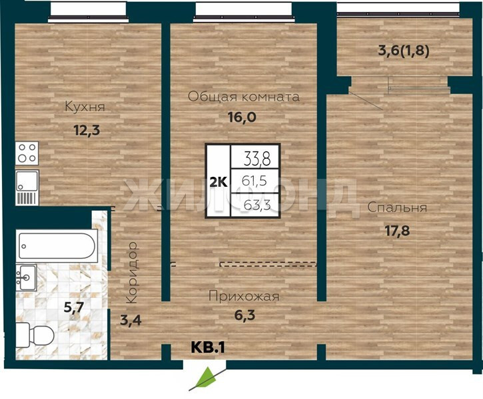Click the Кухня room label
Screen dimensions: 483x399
pyautogui.click(x=85, y=106)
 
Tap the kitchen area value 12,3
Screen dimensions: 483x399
pyautogui.click(x=87, y=130)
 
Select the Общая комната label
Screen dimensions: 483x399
pyautogui.click(x=244, y=97)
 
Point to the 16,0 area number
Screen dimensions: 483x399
pyautogui.click(x=242, y=117)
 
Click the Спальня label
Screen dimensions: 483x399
pyautogui.click(x=397, y=207)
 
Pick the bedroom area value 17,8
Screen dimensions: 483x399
pyautogui.click(x=397, y=231)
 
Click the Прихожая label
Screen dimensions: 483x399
pyautogui.click(x=244, y=297)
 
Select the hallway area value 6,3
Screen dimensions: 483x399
pyautogui.click(x=244, y=315)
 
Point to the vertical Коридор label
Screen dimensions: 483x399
pyautogui.click(x=132, y=273)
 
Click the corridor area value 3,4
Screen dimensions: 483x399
pyautogui.click(x=131, y=321)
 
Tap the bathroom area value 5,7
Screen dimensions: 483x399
pyautogui.click(x=74, y=307)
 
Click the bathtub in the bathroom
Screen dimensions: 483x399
pyautogui.click(x=57, y=246)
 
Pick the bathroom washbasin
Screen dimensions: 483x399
pyautogui.click(x=27, y=277)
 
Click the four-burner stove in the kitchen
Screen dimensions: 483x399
pyautogui.click(x=27, y=154)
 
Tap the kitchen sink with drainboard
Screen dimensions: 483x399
pyautogui.click(x=27, y=188)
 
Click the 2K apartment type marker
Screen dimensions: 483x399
pyautogui.click(x=219, y=182)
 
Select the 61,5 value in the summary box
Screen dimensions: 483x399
pyautogui.click(x=254, y=181)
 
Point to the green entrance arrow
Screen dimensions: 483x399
pyautogui.click(x=204, y=378)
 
